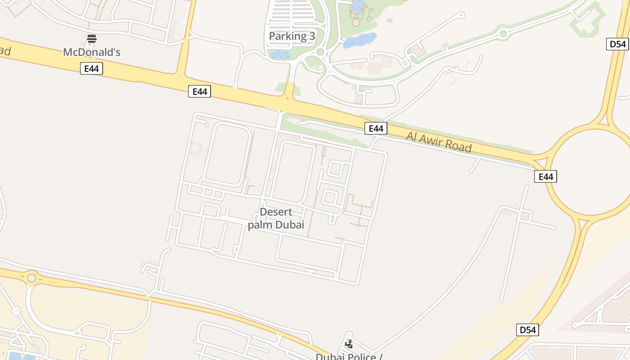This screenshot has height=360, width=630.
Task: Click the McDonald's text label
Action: coord(92,52)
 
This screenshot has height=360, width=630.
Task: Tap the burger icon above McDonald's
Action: coord(92,39)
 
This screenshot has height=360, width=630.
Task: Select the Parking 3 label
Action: coord(292,36)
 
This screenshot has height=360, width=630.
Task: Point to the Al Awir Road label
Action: coord(439,142)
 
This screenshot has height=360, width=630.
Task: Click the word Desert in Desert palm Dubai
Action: coord(276,212)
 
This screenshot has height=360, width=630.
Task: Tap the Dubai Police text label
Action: coord(349,356)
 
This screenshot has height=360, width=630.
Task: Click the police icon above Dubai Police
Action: coord(349,344)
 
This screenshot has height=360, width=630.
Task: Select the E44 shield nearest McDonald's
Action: coord(92,68)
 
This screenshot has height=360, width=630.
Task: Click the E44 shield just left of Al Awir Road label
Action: coord(376,128)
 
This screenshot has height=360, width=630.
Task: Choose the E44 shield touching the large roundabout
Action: coord(545,176)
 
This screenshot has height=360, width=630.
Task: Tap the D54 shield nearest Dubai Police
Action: coord(527,330)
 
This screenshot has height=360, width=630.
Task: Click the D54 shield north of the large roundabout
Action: coord(617,44)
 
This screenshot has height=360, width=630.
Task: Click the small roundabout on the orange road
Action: coord(31,278)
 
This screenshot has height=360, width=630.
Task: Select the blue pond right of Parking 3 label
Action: coord(360,40)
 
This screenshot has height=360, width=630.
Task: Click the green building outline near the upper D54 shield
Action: coord(587,20)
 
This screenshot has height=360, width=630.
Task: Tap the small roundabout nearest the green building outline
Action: coord(503,33)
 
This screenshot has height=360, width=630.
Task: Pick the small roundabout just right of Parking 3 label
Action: coord(320,52)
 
